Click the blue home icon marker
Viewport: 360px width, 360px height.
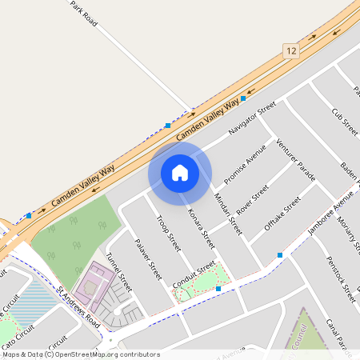(x=180, y=173)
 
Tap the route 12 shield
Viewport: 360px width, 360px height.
(x=289, y=50)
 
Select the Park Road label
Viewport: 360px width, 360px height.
(x=83, y=14)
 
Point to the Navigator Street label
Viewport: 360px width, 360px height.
(x=251, y=118)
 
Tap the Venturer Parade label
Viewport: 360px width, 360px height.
(x=295, y=159)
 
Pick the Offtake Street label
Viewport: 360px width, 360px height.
(x=282, y=214)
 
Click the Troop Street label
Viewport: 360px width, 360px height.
(x=169, y=232)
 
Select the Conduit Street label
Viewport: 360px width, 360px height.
(x=195, y=274)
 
